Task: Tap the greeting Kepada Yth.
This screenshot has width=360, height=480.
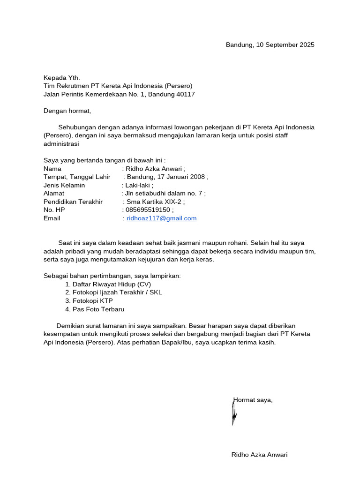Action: (62, 78)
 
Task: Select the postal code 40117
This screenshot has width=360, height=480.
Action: (184, 94)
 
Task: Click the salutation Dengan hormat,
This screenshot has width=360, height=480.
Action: (67, 111)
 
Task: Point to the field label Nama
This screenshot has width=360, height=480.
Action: (52, 169)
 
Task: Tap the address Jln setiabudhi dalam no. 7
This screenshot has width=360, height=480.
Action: (164, 193)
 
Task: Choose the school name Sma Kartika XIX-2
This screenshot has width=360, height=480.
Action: (154, 202)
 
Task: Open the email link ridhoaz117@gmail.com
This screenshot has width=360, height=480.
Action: (162, 218)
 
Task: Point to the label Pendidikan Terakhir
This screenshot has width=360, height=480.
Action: (73, 202)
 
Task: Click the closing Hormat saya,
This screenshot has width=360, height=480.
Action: (253, 400)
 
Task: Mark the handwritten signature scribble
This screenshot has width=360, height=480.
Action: (234, 412)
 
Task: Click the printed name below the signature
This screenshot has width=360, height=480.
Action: (259, 455)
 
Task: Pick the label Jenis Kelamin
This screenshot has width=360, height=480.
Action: (64, 185)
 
